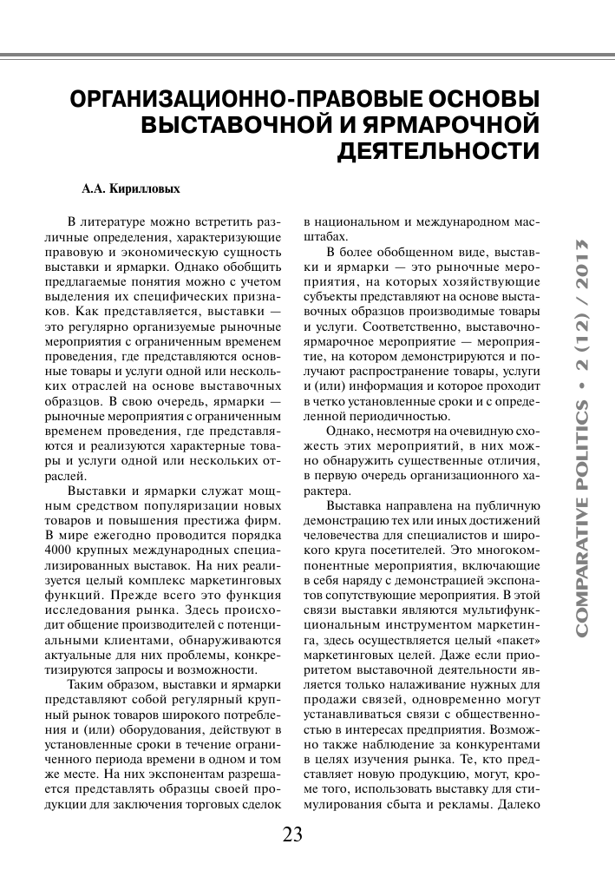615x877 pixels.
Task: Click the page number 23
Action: click(291, 835)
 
